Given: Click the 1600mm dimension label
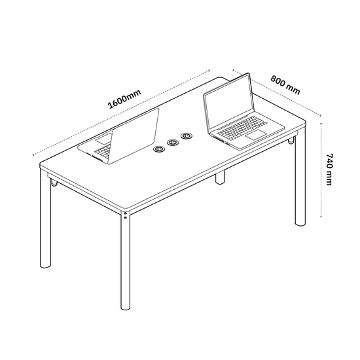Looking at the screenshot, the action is (x=124, y=99).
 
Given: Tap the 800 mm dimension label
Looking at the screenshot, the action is (x=285, y=84).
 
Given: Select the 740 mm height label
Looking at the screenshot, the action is (x=329, y=170).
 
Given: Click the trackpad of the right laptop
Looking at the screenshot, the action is (x=256, y=135).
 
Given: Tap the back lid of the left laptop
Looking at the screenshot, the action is (x=133, y=135).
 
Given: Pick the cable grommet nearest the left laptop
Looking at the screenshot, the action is (x=159, y=149).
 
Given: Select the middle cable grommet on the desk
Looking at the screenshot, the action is (x=173, y=143).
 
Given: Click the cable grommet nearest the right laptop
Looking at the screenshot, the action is (x=187, y=136).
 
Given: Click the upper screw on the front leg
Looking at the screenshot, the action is (x=125, y=214).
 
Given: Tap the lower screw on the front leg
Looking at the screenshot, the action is (x=125, y=218).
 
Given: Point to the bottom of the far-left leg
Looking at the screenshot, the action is (x=45, y=266).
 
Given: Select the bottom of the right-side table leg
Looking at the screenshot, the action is (x=300, y=223).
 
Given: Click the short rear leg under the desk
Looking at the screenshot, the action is (x=220, y=177).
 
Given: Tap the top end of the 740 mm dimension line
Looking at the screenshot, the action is (x=321, y=124).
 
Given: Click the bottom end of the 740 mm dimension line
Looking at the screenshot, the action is (x=321, y=216).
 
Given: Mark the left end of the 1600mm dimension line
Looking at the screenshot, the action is (x=33, y=155).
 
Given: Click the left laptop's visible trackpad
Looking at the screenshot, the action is (x=104, y=139).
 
